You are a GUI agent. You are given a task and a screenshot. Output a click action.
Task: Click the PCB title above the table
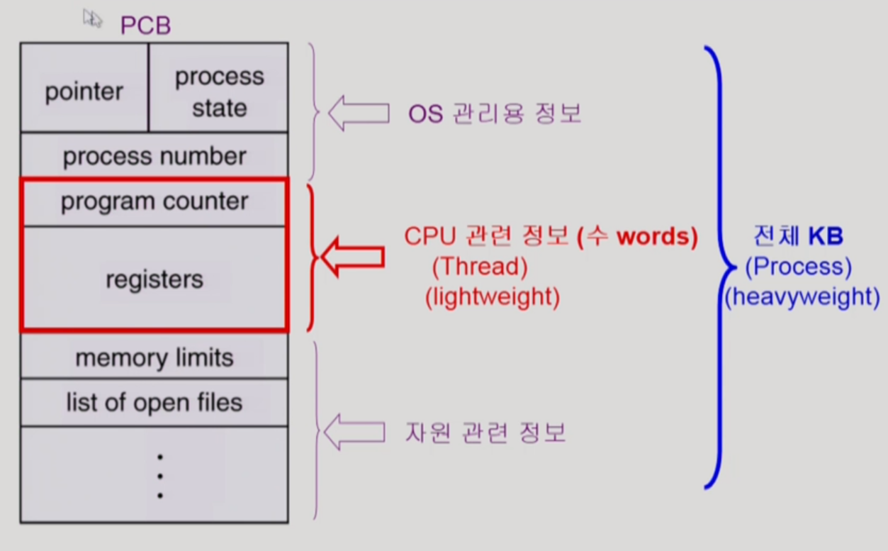tap(145, 26)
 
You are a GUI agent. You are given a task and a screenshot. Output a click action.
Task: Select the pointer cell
tap(84, 91)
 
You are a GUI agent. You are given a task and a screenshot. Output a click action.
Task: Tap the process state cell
tap(219, 92)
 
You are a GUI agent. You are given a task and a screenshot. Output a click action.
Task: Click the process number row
tap(154, 156)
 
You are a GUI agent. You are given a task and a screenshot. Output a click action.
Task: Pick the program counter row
tap(154, 202)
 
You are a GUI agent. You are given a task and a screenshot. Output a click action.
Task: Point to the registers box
tap(154, 279)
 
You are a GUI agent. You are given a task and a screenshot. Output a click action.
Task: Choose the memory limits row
tap(154, 357)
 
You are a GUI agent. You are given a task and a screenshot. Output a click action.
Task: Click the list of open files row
tap(154, 403)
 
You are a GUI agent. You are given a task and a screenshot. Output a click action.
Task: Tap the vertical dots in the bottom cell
tap(160, 476)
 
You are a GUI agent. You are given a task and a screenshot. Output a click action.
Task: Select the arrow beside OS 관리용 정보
tap(359, 113)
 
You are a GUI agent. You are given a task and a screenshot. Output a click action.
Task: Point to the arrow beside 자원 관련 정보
tap(354, 430)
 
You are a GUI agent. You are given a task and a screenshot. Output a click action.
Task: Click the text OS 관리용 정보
tap(495, 113)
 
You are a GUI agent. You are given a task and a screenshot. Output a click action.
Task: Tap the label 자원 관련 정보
tap(485, 432)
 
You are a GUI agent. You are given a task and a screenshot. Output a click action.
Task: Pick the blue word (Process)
tap(798, 266)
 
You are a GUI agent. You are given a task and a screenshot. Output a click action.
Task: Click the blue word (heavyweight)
tap(802, 296)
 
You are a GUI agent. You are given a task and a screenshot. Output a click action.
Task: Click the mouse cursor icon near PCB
tap(91, 18)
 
